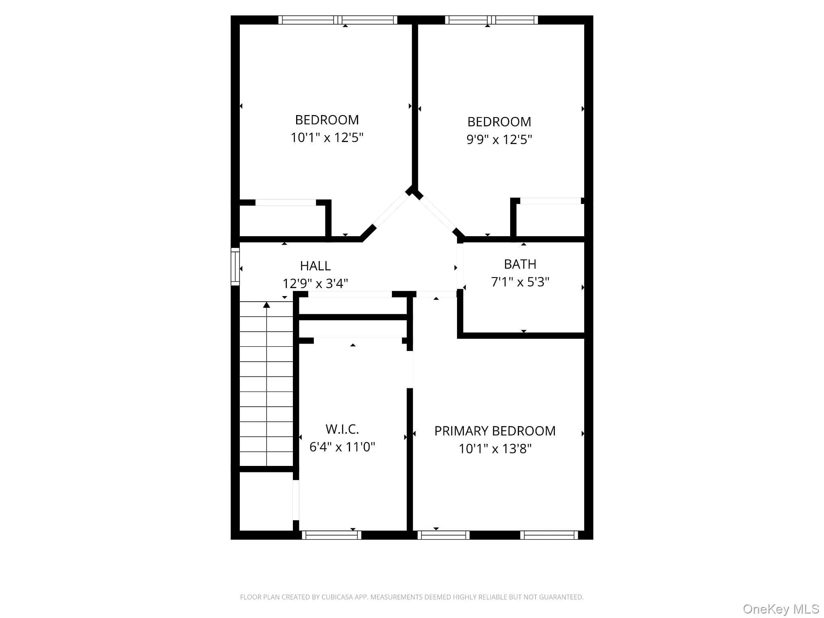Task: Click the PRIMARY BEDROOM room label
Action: [495, 431]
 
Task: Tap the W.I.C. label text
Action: [342, 429]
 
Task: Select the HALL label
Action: [315, 266]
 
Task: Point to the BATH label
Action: [520, 264]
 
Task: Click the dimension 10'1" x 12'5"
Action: [327, 138]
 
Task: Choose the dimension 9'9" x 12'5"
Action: [499, 140]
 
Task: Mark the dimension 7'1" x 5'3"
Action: [520, 282]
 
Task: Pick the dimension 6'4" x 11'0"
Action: [342, 447]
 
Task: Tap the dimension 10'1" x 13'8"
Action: [495, 449]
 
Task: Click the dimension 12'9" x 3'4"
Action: [315, 284]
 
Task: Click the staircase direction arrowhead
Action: [266, 305]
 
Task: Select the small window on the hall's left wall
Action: [235, 267]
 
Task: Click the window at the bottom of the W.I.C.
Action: [332, 535]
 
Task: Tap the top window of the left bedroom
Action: [338, 20]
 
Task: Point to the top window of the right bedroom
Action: [491, 20]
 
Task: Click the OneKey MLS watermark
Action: [781, 609]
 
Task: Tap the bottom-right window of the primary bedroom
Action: [549, 535]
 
